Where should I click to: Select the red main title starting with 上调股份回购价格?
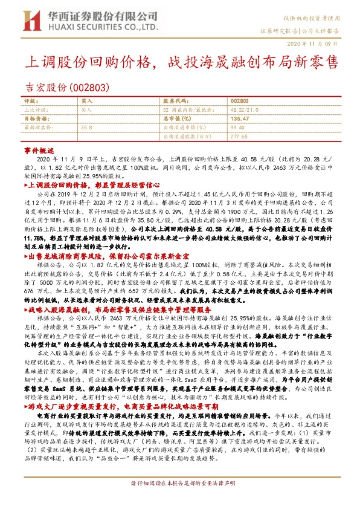[x=180, y=62]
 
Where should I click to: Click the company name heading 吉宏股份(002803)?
[x=67, y=86]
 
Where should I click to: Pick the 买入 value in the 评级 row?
[x=87, y=101]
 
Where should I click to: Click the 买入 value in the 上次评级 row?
[x=87, y=110]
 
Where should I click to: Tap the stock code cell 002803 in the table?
[x=240, y=101]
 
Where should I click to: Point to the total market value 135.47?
[x=240, y=119]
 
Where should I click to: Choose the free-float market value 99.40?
[x=238, y=128]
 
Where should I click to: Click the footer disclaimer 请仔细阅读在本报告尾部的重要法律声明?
[x=179, y=501]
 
